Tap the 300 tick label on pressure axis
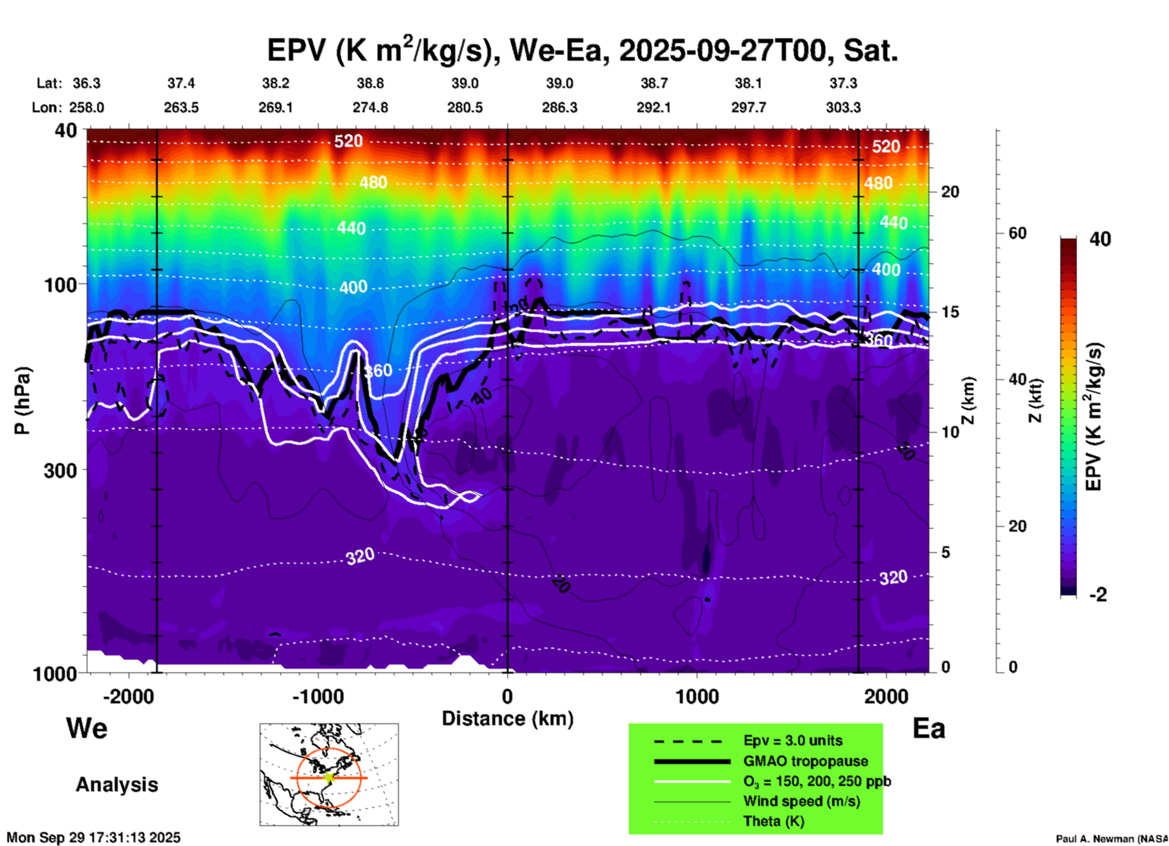61,470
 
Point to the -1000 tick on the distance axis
318,696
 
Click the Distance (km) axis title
507,719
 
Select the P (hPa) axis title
22,401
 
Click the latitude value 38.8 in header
370,83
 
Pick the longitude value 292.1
654,107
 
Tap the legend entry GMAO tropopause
805,761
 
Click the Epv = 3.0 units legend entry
793,740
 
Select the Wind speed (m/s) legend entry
801,801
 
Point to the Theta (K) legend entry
773,821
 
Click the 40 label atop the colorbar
1100,239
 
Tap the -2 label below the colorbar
1098,595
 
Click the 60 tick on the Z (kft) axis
1017,233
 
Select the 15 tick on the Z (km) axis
950,312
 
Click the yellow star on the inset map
329,777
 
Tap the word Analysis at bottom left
117,785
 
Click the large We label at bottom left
87,728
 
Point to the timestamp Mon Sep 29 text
93,838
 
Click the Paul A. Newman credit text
1111,839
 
